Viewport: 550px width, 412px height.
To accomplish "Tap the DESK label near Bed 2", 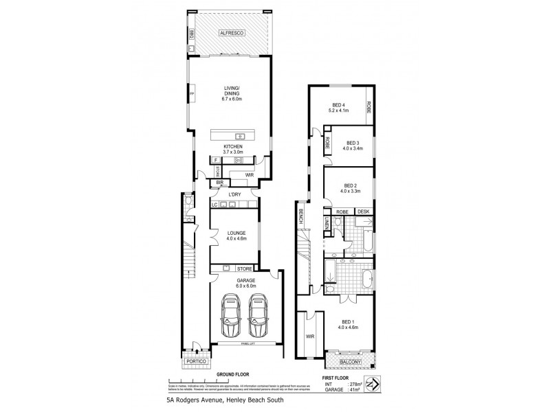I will coord(364,211).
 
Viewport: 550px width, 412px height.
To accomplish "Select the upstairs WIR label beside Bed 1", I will coord(310,336).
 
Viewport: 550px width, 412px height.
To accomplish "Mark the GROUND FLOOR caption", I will coord(233,376).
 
